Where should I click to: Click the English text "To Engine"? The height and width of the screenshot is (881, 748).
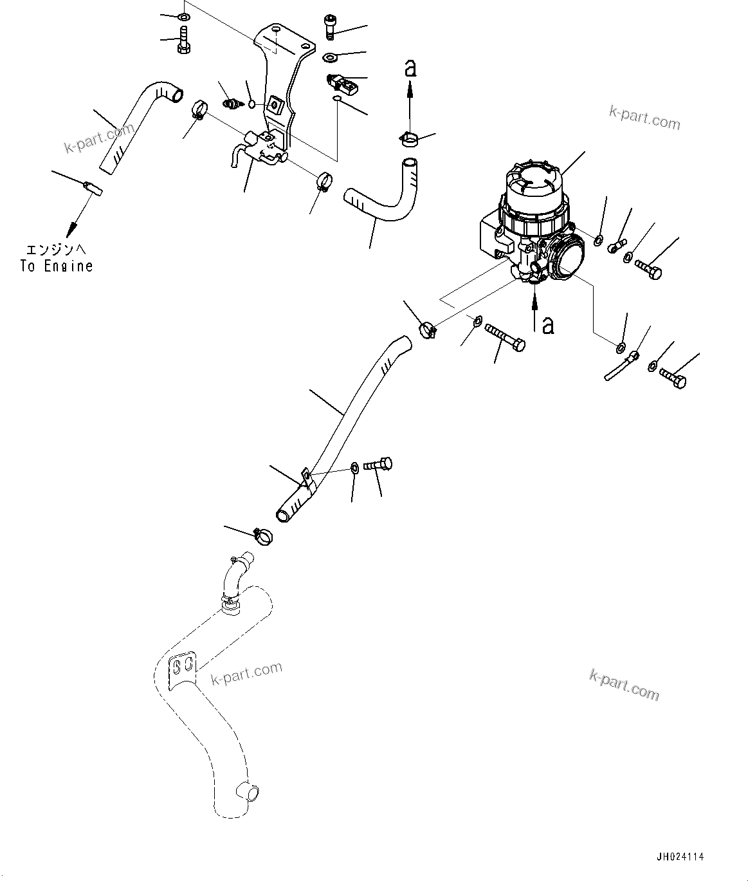pos(57,266)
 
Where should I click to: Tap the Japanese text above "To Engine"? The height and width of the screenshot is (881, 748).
pos(56,249)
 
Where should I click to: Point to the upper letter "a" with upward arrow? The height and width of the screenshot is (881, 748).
pos(410,68)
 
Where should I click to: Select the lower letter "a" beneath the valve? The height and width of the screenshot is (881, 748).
pos(548,325)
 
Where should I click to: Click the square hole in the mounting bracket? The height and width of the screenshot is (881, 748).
pos(275,104)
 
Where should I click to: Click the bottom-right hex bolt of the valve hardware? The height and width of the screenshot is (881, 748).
pos(673,378)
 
